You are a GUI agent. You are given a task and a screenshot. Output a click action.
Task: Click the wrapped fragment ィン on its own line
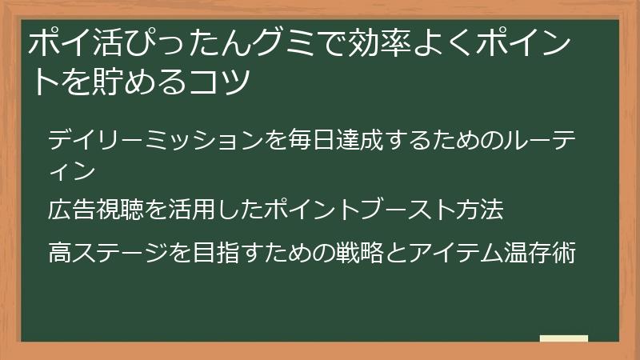coord(73,170)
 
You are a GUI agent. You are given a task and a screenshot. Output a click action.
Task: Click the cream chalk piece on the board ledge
coord(564,338)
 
